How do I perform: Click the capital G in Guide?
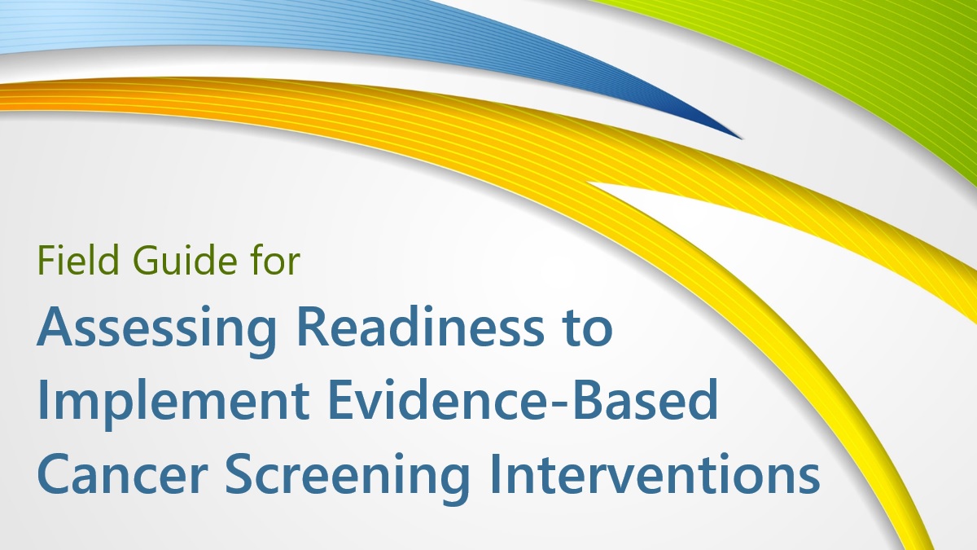[x=135, y=262]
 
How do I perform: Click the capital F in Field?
[x=44, y=262]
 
